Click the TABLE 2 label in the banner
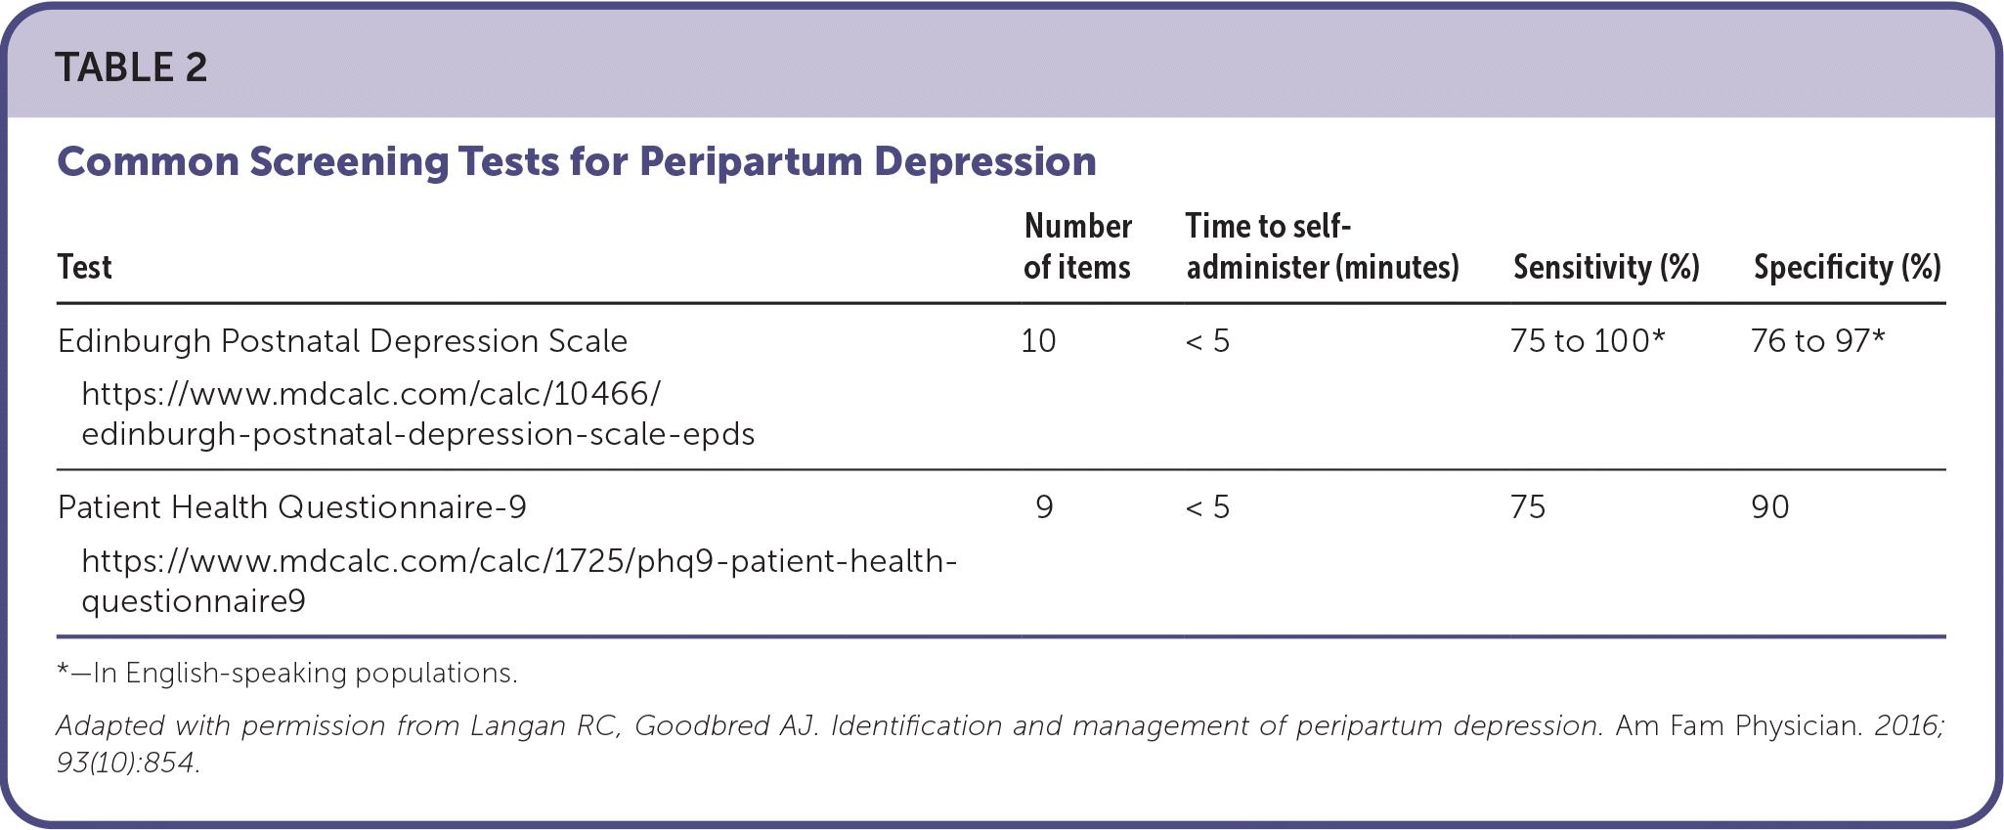pyautogui.click(x=131, y=67)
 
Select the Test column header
pyautogui.click(x=85, y=267)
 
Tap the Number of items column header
pyautogui.click(x=1077, y=246)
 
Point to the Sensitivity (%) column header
pyautogui.click(x=1606, y=267)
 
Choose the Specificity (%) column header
pyautogui.click(x=1847, y=267)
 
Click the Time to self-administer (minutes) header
pyautogui.click(x=1322, y=246)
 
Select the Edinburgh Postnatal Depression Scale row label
pyautogui.click(x=342, y=341)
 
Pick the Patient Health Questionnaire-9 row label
pyautogui.click(x=292, y=507)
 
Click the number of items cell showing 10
pyautogui.click(x=1038, y=341)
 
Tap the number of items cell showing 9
pyautogui.click(x=1044, y=507)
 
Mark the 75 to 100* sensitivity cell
pyautogui.click(x=1587, y=341)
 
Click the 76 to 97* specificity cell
pyautogui.click(x=1817, y=341)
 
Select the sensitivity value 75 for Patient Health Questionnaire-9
pyautogui.click(x=1528, y=507)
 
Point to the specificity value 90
pyautogui.click(x=1770, y=507)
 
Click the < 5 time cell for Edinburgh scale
pyautogui.click(x=1207, y=341)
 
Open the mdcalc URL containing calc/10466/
pyautogui.click(x=417, y=414)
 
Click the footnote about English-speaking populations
pyautogui.click(x=287, y=673)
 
